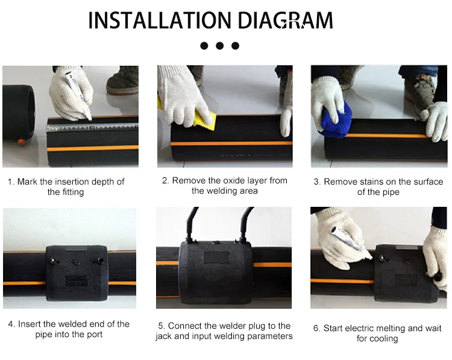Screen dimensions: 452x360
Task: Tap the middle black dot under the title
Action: point(219,46)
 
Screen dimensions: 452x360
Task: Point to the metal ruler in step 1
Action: point(92,127)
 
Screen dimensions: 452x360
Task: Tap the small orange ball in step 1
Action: point(21,142)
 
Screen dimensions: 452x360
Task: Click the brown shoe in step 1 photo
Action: point(122,80)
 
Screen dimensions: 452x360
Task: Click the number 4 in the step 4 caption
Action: point(11,324)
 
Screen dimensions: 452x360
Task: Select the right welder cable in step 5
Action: point(245,224)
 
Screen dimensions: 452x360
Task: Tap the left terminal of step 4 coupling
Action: point(53,261)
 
